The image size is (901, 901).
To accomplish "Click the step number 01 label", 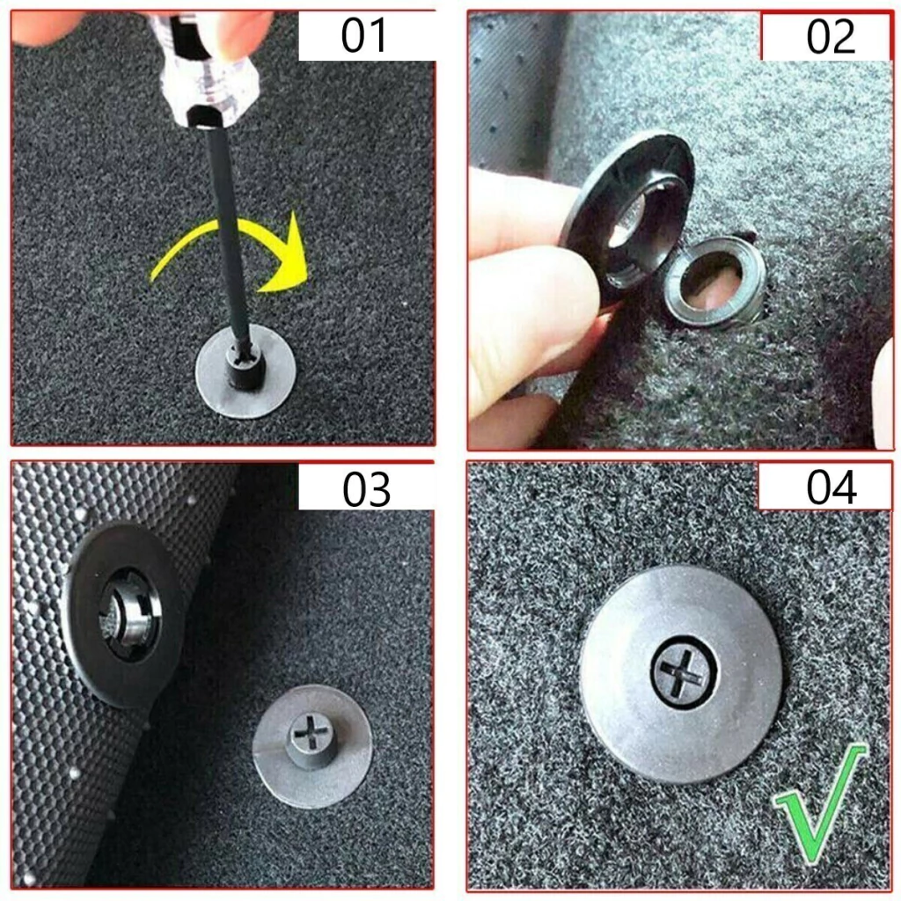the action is point(363,35).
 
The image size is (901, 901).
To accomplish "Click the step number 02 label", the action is point(831,37).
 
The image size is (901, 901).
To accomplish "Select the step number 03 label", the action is point(366,489).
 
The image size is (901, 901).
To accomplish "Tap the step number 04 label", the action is point(831,487).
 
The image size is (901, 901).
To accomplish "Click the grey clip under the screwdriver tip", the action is point(246,370).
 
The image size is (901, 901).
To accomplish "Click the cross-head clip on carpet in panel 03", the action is point(312,746).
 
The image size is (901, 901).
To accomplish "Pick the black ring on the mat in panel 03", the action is point(123,615).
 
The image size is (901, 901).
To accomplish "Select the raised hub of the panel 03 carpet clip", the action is point(310,740).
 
